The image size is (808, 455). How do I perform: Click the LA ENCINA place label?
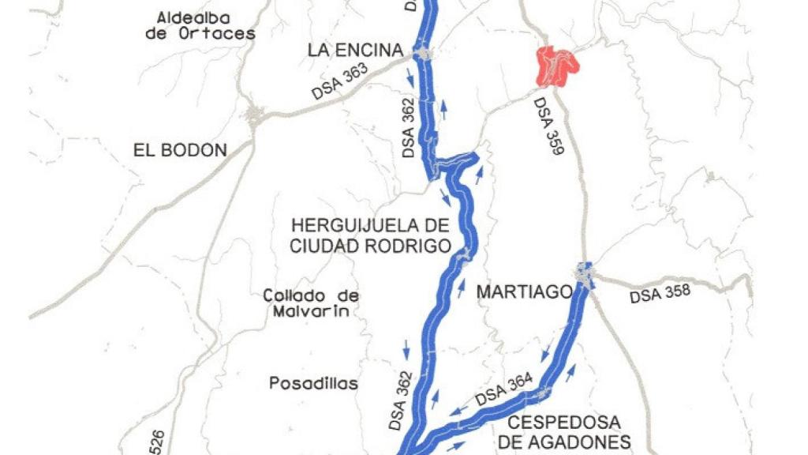click(355, 51)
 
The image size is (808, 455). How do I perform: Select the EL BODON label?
click(180, 150)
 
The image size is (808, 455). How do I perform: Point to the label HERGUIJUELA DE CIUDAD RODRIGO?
click(370, 235)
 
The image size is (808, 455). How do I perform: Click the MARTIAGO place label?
click(524, 292)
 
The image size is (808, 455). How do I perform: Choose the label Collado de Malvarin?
click(311, 303)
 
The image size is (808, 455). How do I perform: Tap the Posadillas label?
click(313, 384)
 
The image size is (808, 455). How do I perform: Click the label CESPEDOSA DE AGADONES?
click(564, 432)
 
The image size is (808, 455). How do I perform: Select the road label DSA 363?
click(340, 81)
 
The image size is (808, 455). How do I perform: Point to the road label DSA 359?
click(547, 126)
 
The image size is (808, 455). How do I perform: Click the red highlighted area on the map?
click(556, 66)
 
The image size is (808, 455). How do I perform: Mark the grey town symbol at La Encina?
click(422, 53)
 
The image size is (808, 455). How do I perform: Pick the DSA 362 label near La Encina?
click(408, 128)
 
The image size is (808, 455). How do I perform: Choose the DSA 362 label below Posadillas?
click(401, 400)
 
